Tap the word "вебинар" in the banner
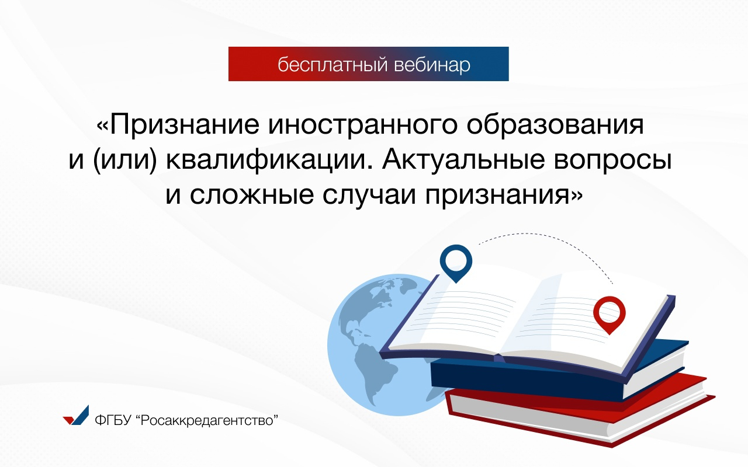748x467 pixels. [432, 65]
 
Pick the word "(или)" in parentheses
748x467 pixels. [125, 161]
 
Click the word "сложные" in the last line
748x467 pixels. [252, 195]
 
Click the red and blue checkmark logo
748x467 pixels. [77, 416]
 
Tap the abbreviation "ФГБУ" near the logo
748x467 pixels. [113, 420]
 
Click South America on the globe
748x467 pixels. [375, 370]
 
